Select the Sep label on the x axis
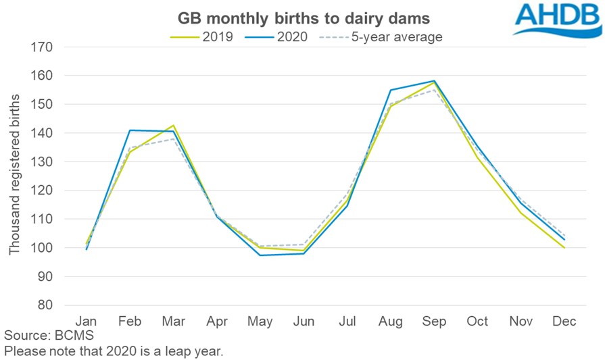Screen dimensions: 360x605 coord(434,322)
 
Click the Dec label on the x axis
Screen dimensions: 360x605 coord(564,322)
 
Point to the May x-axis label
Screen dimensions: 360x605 coord(261,322)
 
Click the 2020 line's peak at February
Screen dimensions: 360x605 coord(130,130)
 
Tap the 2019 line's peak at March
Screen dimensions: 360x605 coord(174,126)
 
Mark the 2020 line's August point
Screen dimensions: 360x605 coord(391,90)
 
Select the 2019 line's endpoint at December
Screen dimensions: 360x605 coord(564,248)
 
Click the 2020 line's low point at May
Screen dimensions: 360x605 coord(261,255)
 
